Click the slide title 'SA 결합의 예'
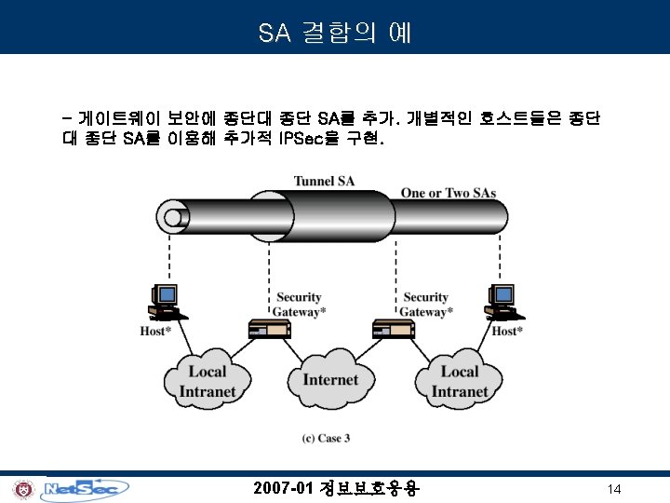pyautogui.click(x=335, y=34)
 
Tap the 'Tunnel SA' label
pyautogui.click(x=323, y=181)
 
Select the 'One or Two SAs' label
pyautogui.click(x=448, y=193)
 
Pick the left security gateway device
pyautogui.click(x=269, y=330)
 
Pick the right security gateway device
pyautogui.click(x=392, y=330)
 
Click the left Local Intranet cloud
pyautogui.click(x=208, y=380)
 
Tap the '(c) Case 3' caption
pyautogui.click(x=327, y=437)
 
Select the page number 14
pyautogui.click(x=613, y=489)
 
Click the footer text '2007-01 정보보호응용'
pyautogui.click(x=336, y=488)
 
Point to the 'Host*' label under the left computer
pyautogui.click(x=155, y=331)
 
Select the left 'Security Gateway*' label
pyautogui.click(x=298, y=305)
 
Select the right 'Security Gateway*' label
pyautogui.click(x=426, y=305)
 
